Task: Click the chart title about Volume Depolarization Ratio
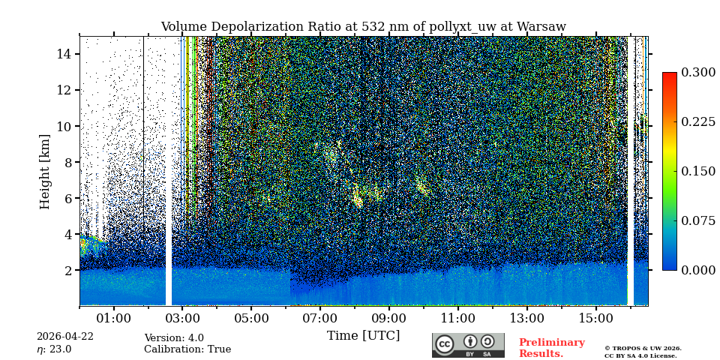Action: (363, 27)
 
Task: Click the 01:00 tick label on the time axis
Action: (114, 318)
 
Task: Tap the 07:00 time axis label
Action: (320, 318)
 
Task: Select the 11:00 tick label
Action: (458, 318)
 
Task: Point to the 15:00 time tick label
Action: (596, 318)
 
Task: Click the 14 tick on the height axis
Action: (64, 54)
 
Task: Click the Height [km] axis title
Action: (45, 171)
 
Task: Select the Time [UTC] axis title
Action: (363, 335)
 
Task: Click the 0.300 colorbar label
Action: (698, 73)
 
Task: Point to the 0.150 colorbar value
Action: (698, 171)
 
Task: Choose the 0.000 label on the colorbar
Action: (698, 270)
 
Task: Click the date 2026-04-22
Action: (65, 337)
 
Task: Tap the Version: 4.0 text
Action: (174, 338)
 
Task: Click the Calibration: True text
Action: (187, 349)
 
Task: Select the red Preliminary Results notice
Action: (551, 348)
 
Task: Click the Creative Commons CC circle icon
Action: (445, 344)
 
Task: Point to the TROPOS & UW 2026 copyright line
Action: (643, 349)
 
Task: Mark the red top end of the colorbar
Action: (669, 76)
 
